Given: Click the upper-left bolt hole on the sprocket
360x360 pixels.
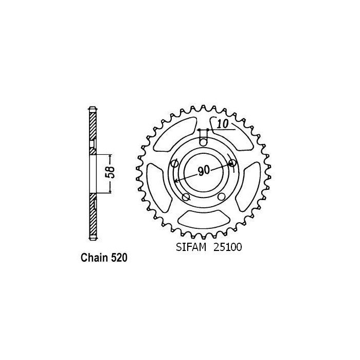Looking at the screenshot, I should click(174, 164).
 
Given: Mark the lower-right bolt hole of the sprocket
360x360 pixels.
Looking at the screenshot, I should click(221, 197).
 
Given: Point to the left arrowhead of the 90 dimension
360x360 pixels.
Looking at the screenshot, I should click(176, 181).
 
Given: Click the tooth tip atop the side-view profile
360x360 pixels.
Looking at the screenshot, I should click(93, 107).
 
